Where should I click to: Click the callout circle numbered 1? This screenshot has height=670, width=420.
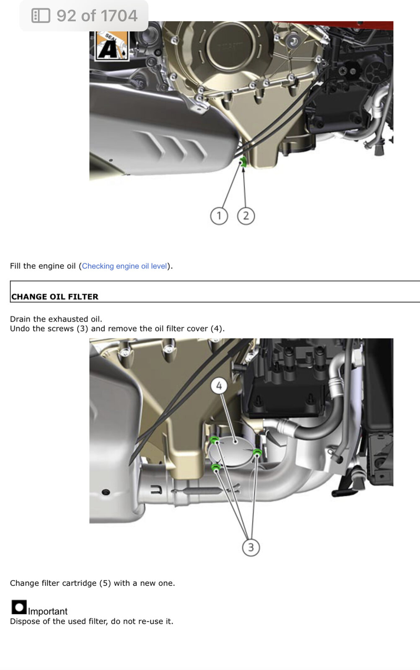219,216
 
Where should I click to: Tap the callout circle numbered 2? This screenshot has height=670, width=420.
246,216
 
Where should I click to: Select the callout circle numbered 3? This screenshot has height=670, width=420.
251,547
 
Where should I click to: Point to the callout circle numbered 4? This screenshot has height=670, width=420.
219,386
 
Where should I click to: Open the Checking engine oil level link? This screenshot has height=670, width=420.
124,266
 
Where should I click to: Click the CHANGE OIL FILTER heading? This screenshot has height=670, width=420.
55,296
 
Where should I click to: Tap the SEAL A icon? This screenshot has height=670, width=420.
112,46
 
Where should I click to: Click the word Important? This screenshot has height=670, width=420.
48,611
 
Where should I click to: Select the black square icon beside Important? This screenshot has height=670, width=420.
19,607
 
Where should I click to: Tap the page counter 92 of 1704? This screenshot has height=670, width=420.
97,15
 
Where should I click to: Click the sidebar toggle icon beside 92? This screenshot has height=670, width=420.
41,15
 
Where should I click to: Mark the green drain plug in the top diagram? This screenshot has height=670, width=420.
244,162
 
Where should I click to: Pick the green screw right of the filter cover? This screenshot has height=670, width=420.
257,452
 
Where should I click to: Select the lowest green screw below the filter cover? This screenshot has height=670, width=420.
216,467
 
